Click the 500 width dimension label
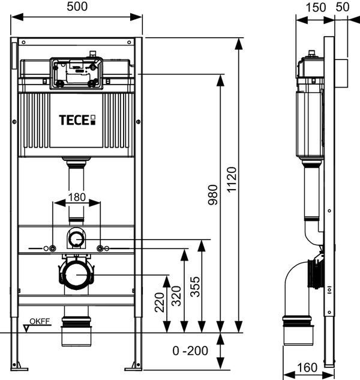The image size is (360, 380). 77,7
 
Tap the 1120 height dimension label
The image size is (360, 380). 232,179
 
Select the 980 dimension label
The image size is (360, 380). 213,195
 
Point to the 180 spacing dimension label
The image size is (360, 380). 77,198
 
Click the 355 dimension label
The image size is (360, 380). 195,287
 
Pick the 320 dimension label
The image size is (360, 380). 176,296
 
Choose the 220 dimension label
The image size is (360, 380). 160,303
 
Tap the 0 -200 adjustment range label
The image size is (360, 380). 190,351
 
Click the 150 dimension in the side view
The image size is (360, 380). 316,8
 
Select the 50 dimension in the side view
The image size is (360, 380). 343,7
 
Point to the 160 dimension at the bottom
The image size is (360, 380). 307,367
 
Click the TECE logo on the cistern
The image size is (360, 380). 77,120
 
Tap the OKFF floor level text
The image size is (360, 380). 40,321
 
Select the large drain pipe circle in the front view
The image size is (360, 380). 76,274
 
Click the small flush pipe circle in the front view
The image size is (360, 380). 76,239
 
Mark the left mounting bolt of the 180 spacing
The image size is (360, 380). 53,249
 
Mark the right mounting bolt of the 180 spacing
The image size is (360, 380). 100,249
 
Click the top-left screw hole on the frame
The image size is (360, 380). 23,43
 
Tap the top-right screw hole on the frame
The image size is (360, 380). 129,43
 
